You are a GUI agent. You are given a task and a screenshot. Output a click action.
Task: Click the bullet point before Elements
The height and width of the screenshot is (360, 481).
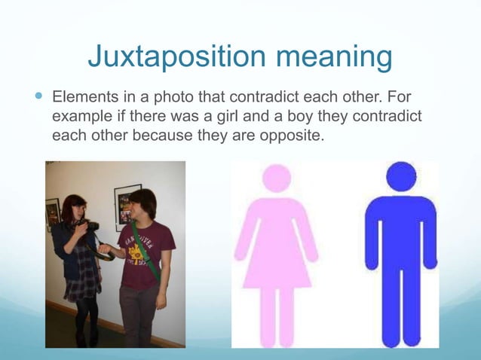[x=39, y=98]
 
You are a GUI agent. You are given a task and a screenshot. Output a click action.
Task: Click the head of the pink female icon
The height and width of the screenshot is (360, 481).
[x=276, y=178]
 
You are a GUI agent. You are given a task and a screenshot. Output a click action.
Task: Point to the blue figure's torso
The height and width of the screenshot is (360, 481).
[x=401, y=233]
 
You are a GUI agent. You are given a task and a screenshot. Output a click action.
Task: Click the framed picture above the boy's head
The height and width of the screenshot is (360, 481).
[x=127, y=200]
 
